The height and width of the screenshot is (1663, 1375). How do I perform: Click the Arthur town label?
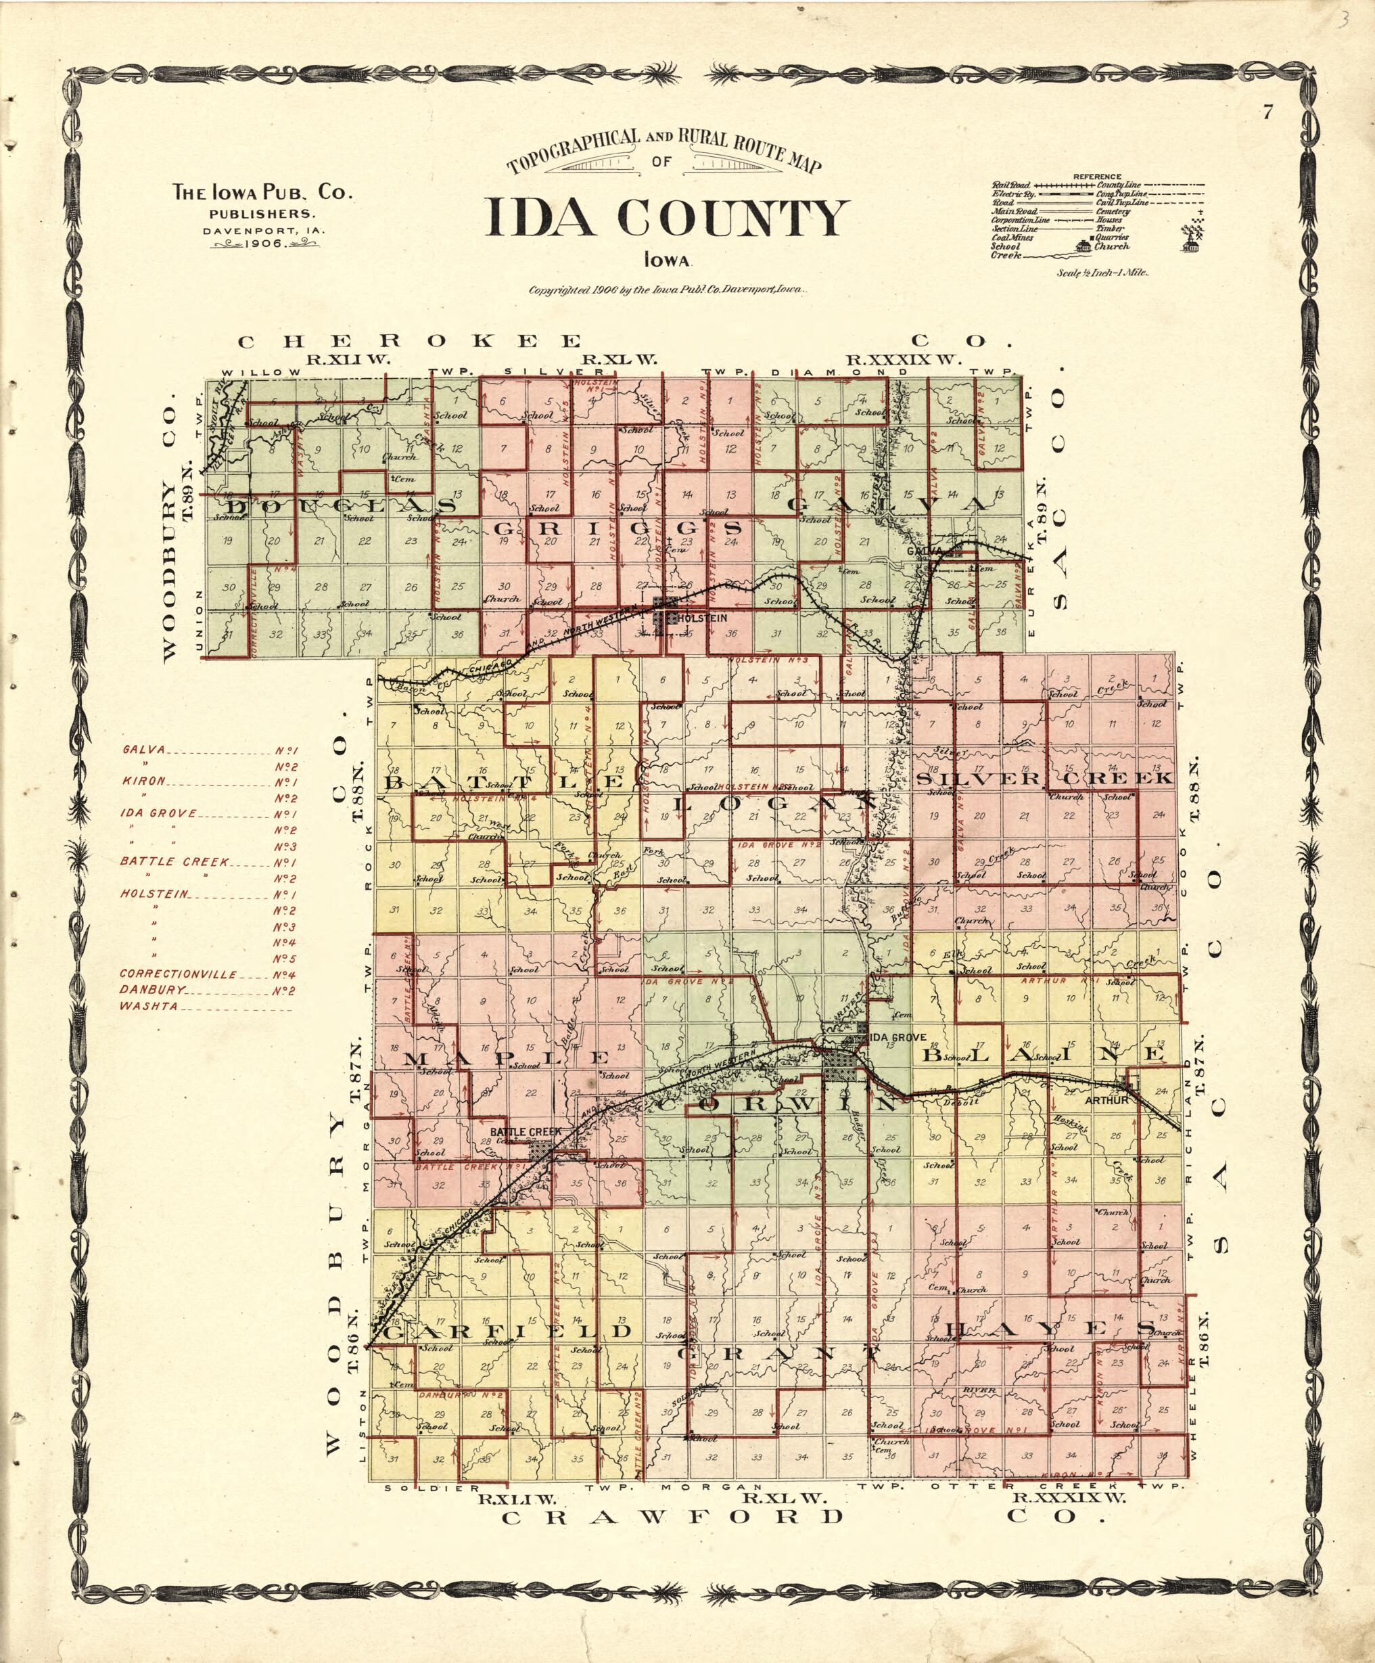point(1105,1101)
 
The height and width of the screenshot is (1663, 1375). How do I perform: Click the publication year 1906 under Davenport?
point(265,245)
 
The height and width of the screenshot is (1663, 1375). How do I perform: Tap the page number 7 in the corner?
point(1267,112)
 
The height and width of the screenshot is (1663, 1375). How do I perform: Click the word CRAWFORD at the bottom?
point(672,1516)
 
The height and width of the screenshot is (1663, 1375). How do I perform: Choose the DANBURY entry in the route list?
point(153,990)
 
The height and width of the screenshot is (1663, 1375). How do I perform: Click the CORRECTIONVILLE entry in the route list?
point(178,974)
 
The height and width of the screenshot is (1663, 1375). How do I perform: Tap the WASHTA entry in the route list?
point(149,1007)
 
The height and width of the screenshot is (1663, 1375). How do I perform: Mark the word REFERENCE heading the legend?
point(1097,176)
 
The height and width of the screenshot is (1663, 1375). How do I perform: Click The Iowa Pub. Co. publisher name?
point(263,191)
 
